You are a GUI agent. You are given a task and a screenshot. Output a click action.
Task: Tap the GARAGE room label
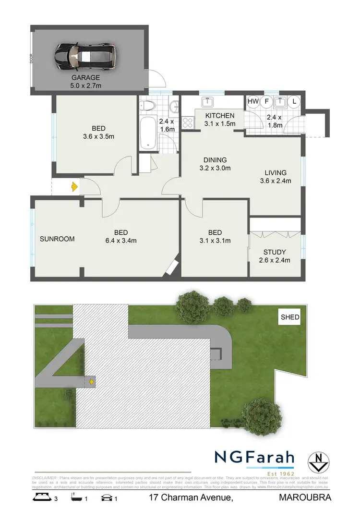pos(86,77)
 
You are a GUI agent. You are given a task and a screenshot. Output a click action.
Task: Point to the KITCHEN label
pos(220,116)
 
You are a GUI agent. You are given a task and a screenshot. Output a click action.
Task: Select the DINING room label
pos(215,160)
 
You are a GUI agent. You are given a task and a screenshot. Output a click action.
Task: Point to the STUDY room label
pos(275,252)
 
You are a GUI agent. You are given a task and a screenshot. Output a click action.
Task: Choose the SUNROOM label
pos(57,239)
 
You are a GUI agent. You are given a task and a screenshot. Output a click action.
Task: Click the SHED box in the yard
pos(289,317)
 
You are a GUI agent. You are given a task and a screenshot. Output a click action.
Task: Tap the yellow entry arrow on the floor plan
pos(74,187)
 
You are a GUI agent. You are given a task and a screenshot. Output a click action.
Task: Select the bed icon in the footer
pos(41,498)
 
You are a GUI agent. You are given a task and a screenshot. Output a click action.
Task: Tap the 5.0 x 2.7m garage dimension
pos(86,85)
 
